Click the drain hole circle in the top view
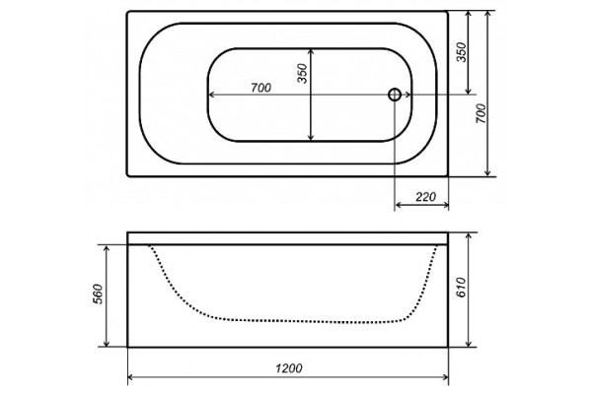[395, 95]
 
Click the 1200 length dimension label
[288, 368]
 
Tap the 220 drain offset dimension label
[425, 197]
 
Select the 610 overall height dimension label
[462, 288]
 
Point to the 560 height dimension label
[98, 295]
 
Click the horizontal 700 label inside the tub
[260, 88]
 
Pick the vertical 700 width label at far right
[481, 113]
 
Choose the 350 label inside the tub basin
[303, 73]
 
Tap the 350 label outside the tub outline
[462, 52]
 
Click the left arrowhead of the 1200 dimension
[131, 377]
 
